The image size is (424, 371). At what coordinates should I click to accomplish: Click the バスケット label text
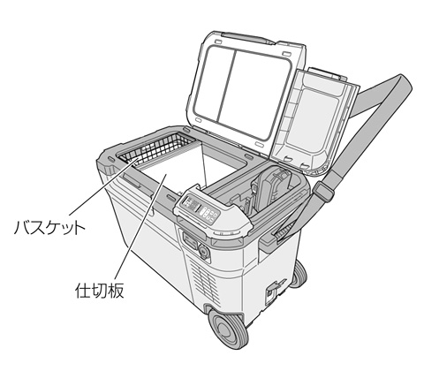click(x=49, y=227)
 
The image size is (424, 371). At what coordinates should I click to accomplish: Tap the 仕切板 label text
click(x=100, y=290)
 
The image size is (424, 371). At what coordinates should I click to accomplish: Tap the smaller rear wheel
click(x=299, y=275)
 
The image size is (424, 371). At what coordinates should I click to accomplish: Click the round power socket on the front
click(x=203, y=251)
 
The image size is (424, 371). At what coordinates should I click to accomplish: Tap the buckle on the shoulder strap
click(x=323, y=192)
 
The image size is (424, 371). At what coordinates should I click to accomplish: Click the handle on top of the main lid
click(x=247, y=38)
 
